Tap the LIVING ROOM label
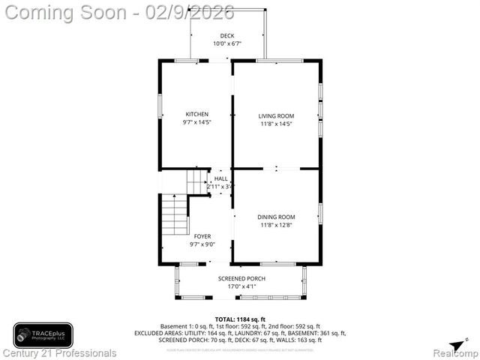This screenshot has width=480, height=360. pyautogui.click(x=276, y=115)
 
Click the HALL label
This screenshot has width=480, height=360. pyautogui.click(x=221, y=178)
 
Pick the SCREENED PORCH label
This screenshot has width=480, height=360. pyautogui.click(x=241, y=278)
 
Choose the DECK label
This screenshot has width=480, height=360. pyautogui.click(x=226, y=36)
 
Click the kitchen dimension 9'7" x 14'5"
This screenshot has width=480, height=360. pyautogui.click(x=196, y=122)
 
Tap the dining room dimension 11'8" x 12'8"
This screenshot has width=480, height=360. pyautogui.click(x=276, y=225)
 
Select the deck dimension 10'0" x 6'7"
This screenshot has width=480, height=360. pyautogui.click(x=226, y=43)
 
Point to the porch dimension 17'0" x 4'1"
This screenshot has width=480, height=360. pyautogui.click(x=241, y=286)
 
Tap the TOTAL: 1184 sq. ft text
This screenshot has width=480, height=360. pyautogui.click(x=241, y=319)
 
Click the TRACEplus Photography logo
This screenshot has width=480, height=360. pyautogui.click(x=43, y=335)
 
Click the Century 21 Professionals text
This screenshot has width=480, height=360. pyautogui.click(x=60, y=352)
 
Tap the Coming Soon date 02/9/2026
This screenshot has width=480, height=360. pyautogui.click(x=190, y=12)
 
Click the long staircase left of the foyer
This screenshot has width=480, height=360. pyautogui.click(x=174, y=215)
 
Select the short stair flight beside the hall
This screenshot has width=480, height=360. pyautogui.click(x=196, y=181)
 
